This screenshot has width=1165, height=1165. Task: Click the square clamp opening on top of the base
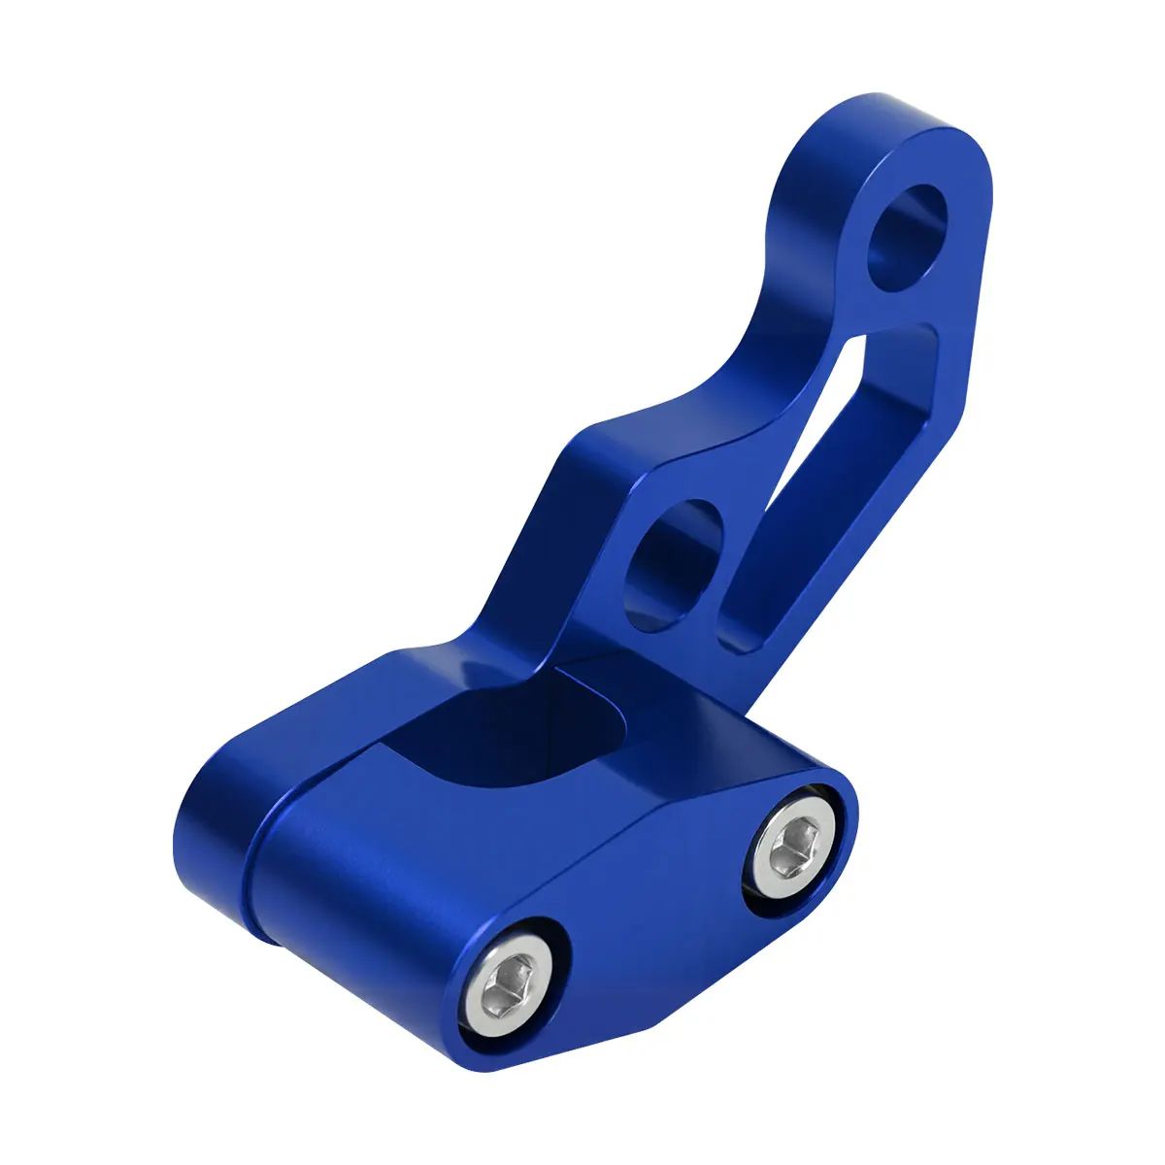tap(495, 728)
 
